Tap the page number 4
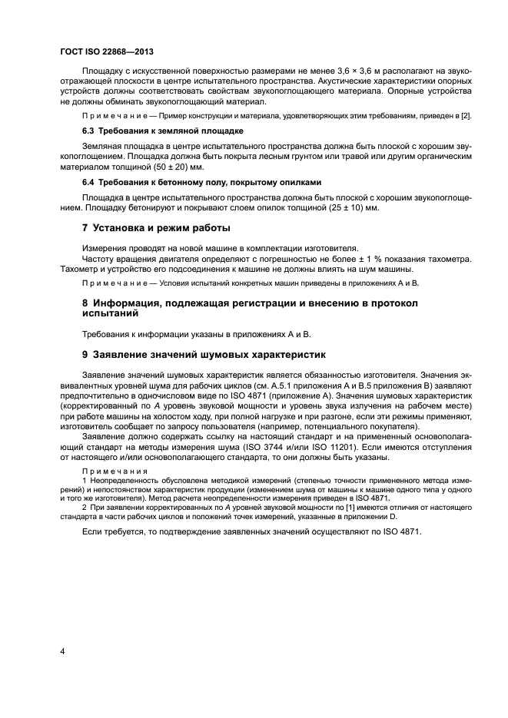(x=61, y=652)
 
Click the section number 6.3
(x=88, y=130)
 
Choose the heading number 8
(x=85, y=303)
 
